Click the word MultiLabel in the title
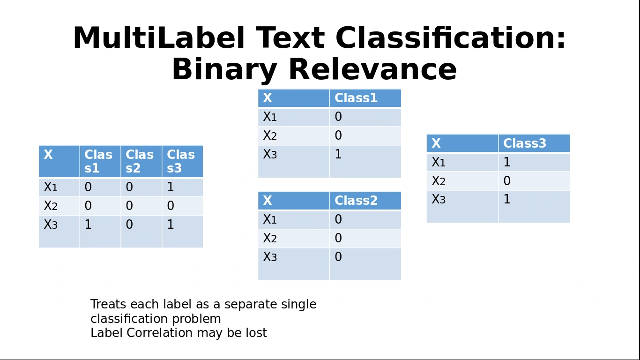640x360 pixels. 158,38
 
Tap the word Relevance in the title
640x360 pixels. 372,70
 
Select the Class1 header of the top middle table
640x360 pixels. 356,98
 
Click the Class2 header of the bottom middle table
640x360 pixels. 356,201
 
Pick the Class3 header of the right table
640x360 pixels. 525,143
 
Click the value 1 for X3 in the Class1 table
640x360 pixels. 338,154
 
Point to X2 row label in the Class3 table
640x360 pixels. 438,181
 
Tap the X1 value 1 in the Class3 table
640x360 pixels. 507,162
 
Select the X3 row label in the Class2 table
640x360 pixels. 270,257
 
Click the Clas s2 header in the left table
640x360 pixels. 140,161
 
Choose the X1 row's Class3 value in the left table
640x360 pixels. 171,187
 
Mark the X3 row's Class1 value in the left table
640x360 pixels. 88,225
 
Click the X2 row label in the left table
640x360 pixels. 51,206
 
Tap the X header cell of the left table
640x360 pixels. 48,155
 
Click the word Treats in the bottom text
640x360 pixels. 108,304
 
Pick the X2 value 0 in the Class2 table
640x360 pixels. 338,238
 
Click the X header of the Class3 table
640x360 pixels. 436,143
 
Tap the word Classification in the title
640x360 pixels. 451,38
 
